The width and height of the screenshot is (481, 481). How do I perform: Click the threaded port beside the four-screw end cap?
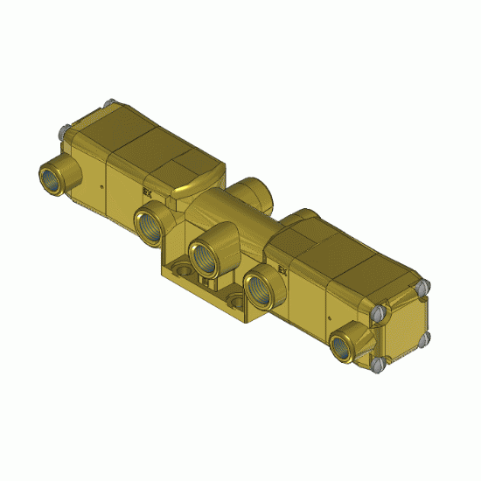coord(344,344)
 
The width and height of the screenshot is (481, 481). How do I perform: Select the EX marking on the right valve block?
coord(282,270)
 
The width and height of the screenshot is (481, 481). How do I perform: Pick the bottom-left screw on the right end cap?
coord(377,363)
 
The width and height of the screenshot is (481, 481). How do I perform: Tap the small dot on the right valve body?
coord(326,313)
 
